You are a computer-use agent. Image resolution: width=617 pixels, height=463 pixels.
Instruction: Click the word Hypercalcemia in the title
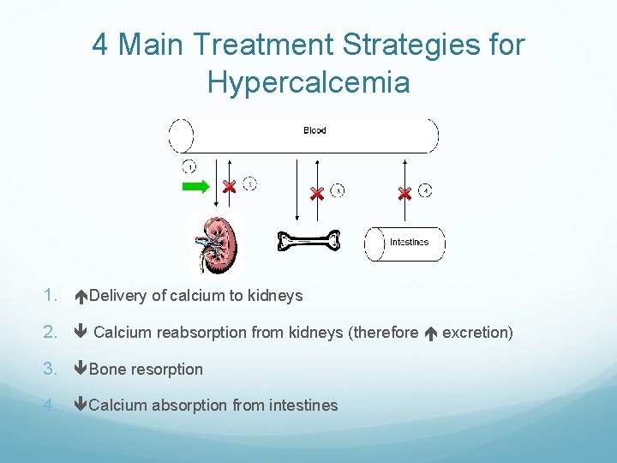308,82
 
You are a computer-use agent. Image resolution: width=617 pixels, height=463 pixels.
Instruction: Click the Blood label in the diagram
314,130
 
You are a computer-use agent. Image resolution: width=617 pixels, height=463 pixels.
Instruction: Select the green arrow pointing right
195,187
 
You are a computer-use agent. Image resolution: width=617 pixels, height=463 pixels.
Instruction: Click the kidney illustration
216,244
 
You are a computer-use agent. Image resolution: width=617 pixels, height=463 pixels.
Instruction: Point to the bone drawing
308,242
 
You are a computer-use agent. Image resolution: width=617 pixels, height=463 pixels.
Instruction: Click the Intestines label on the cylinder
409,242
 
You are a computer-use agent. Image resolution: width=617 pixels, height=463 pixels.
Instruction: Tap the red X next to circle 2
229,187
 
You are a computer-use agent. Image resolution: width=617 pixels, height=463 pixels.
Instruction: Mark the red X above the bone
316,193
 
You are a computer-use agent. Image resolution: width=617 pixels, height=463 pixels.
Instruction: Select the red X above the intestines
404,194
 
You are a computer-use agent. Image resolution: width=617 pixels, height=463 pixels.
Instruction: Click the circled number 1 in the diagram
189,166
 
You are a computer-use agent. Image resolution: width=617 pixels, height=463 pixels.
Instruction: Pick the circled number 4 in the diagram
426,190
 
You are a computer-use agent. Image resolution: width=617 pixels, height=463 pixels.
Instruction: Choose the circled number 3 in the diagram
338,190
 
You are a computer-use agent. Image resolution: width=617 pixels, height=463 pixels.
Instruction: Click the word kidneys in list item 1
275,296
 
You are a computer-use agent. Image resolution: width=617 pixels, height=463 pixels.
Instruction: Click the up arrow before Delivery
81,297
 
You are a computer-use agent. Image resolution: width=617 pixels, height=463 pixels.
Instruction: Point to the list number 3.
49,370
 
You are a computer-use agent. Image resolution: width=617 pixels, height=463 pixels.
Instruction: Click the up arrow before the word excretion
430,333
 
